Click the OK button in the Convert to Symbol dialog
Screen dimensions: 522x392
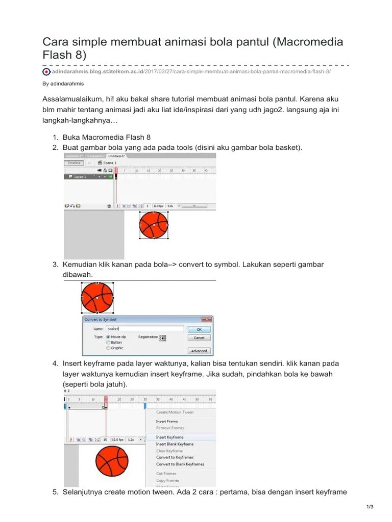[199, 329]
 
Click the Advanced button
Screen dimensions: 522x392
[199, 351]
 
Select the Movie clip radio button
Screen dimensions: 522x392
[108, 337]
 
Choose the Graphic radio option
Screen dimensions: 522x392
[108, 348]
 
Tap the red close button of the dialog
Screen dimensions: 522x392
[206, 320]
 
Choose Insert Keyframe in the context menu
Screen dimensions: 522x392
[170, 437]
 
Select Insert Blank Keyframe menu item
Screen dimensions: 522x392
[175, 444]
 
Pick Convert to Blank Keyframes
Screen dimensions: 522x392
[180, 464]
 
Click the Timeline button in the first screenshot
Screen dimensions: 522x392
[75, 163]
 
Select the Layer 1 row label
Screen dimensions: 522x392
[80, 177]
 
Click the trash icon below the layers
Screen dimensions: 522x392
[109, 206]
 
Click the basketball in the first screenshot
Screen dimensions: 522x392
[154, 225]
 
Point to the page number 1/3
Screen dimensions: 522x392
[370, 507]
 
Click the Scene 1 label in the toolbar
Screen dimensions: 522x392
[110, 163]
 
